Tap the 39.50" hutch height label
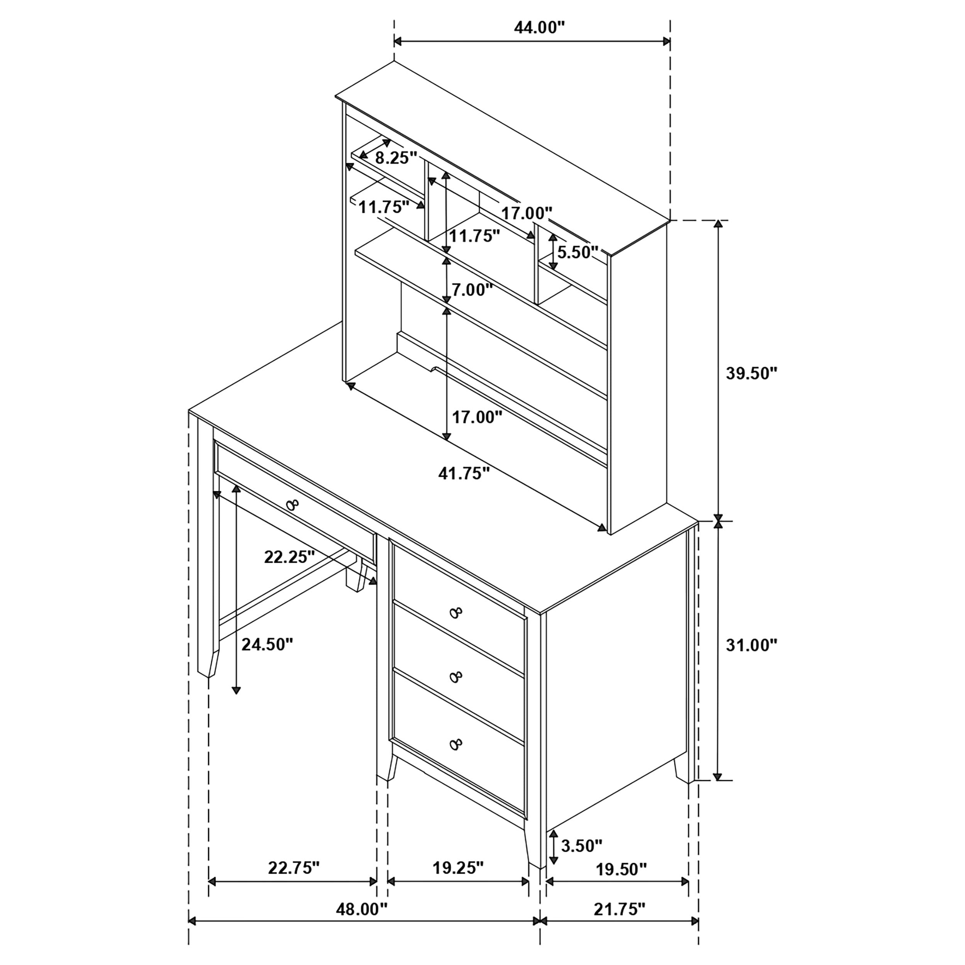click(751, 373)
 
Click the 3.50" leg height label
click(581, 846)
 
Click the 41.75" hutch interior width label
click(464, 473)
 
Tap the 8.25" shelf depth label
click(396, 158)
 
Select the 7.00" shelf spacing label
click(472, 289)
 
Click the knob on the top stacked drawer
click(455, 612)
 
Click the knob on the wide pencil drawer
click(293, 505)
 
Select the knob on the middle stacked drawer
click(455, 677)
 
